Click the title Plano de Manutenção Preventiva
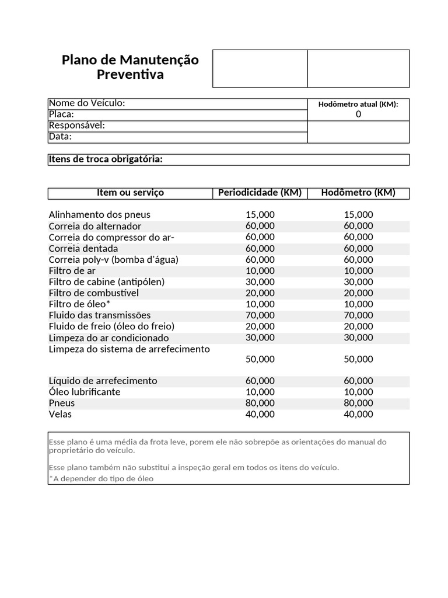[130, 67]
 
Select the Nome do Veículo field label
[87, 103]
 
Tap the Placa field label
[61, 114]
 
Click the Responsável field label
[76, 126]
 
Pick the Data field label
[60, 137]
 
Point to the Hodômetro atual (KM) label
[358, 104]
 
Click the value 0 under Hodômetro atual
[358, 114]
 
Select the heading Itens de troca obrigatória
[106, 159]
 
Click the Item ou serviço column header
[130, 193]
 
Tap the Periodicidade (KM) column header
[260, 193]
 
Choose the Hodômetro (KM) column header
[358, 193]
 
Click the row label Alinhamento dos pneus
[99, 215]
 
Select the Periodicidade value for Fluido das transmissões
[260, 315]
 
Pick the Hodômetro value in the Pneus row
[358, 403]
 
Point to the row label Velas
[60, 415]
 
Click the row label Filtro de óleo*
[79, 304]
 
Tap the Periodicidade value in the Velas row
[260, 415]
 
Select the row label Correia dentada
[83, 249]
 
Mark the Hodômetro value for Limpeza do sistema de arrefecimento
[358, 359]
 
